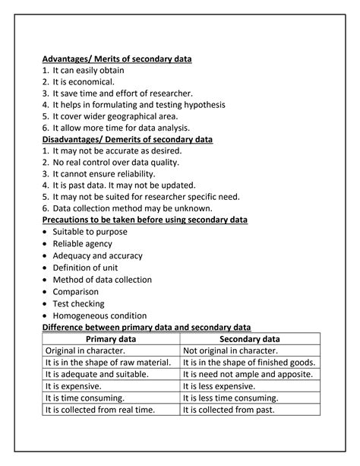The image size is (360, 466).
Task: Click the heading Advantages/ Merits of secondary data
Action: tap(116, 59)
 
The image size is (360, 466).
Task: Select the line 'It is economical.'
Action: tap(83, 82)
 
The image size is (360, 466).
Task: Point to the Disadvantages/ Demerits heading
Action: tap(127, 139)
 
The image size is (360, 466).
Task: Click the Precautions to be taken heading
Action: tap(144, 220)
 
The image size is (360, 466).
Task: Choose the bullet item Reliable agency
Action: tap(82, 243)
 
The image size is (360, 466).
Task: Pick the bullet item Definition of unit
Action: tap(86, 267)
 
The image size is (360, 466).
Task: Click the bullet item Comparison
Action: tap(75, 291)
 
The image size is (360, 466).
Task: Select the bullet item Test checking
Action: tap(78, 303)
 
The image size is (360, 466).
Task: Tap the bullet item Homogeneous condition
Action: tap(99, 315)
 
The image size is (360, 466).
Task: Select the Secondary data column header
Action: tap(249, 338)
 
